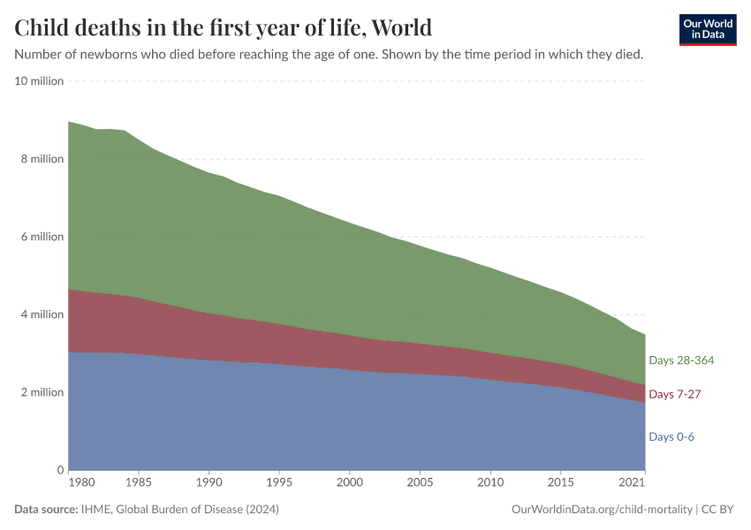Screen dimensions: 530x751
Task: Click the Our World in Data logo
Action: point(707,29)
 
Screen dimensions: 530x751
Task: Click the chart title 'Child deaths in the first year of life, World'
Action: point(224,27)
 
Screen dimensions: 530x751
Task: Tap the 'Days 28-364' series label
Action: point(680,360)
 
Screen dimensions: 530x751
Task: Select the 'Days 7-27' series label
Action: point(674,394)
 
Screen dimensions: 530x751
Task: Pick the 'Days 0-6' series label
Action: point(671,436)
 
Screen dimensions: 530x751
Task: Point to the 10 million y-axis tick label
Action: point(40,81)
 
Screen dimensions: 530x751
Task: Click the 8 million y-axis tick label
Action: point(42,159)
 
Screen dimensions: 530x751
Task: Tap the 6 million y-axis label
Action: point(42,237)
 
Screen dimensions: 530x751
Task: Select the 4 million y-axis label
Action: point(42,314)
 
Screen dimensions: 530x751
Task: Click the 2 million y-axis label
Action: point(42,392)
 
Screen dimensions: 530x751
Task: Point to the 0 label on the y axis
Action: point(61,470)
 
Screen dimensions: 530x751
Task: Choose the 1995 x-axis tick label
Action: point(279,484)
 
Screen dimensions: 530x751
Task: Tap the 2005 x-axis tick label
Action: point(420,484)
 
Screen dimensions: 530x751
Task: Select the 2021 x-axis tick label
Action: point(632,484)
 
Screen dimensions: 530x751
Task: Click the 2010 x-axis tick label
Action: point(490,484)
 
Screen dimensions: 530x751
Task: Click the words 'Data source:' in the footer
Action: point(47,510)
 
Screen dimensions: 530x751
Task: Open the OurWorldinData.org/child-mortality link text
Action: point(602,510)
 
